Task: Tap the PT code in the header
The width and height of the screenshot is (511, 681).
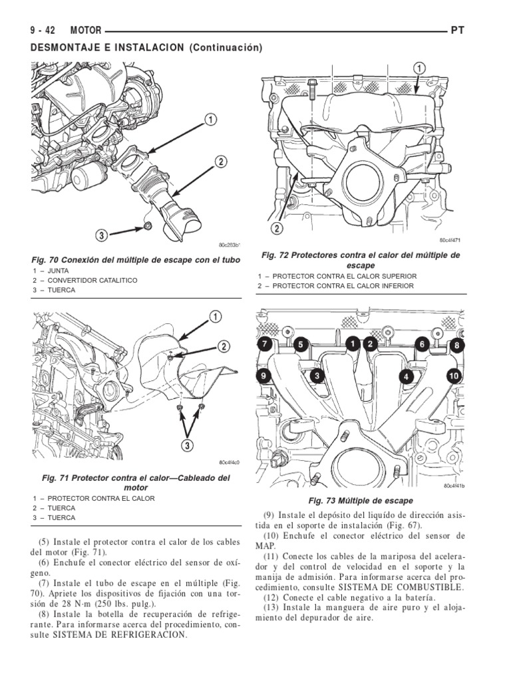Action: coord(457,31)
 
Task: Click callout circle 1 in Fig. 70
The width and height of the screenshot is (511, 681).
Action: coord(209,120)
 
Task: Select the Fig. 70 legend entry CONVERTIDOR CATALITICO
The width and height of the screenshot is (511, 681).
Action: coord(92,281)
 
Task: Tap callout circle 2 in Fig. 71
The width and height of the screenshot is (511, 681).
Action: coord(224,346)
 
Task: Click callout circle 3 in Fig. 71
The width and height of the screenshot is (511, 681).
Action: coord(188,444)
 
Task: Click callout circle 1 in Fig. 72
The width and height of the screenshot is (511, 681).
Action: coord(419,68)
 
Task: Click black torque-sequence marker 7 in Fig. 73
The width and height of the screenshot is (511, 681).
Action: coord(263,344)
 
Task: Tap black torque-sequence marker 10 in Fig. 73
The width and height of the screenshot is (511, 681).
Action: coord(454,376)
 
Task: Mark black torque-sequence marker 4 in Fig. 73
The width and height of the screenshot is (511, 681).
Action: coord(404,377)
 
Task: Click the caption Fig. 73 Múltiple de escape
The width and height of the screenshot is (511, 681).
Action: coord(360,500)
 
